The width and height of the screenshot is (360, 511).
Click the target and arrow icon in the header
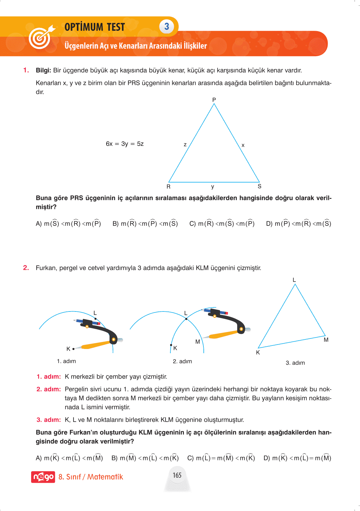point(41,37)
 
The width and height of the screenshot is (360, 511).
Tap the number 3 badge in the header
point(167,26)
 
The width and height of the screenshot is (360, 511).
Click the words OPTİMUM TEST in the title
point(95,27)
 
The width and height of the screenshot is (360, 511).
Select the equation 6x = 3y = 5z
point(124,144)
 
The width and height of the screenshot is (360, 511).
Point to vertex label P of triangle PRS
point(214,100)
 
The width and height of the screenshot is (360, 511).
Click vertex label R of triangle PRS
point(168,187)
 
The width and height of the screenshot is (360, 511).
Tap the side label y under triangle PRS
point(213,186)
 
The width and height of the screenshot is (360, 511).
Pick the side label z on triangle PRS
point(185,145)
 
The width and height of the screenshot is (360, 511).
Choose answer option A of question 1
point(68,223)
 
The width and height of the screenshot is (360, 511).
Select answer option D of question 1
point(298,223)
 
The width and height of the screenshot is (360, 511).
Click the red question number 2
point(26,268)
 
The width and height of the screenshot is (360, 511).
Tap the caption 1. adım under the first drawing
point(66,361)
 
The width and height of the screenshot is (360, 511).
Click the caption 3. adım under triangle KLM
point(295,363)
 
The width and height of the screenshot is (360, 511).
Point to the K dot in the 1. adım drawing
point(73,349)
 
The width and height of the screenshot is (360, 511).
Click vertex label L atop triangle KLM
point(294,280)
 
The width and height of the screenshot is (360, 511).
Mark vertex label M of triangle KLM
point(326,340)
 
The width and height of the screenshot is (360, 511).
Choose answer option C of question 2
point(221,458)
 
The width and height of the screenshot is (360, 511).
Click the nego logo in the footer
point(43,477)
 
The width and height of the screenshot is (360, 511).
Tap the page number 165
point(177,475)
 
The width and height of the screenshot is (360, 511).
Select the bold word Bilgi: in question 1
point(44,70)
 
